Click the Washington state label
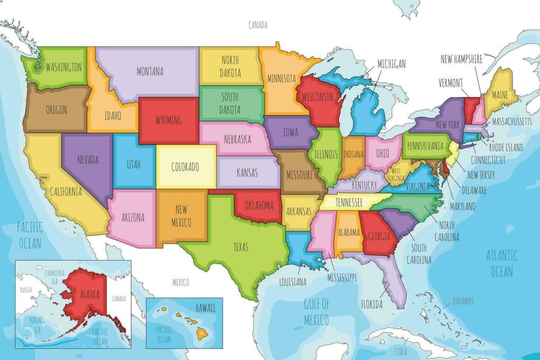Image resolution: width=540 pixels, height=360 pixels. (x=63, y=67)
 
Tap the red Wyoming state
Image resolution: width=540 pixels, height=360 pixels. (x=168, y=120)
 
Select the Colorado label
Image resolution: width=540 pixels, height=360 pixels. (x=185, y=168)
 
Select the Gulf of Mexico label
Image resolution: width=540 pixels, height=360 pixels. (x=316, y=311)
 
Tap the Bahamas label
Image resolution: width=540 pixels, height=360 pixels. (x=462, y=301)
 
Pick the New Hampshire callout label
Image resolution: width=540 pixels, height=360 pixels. (x=461, y=59)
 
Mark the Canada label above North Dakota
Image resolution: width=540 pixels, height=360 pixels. (x=258, y=25)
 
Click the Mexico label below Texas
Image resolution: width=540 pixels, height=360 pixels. (x=180, y=283)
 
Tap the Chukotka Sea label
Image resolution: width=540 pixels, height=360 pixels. (x=54, y=276)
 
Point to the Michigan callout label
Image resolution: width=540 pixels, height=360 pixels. (x=391, y=64)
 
